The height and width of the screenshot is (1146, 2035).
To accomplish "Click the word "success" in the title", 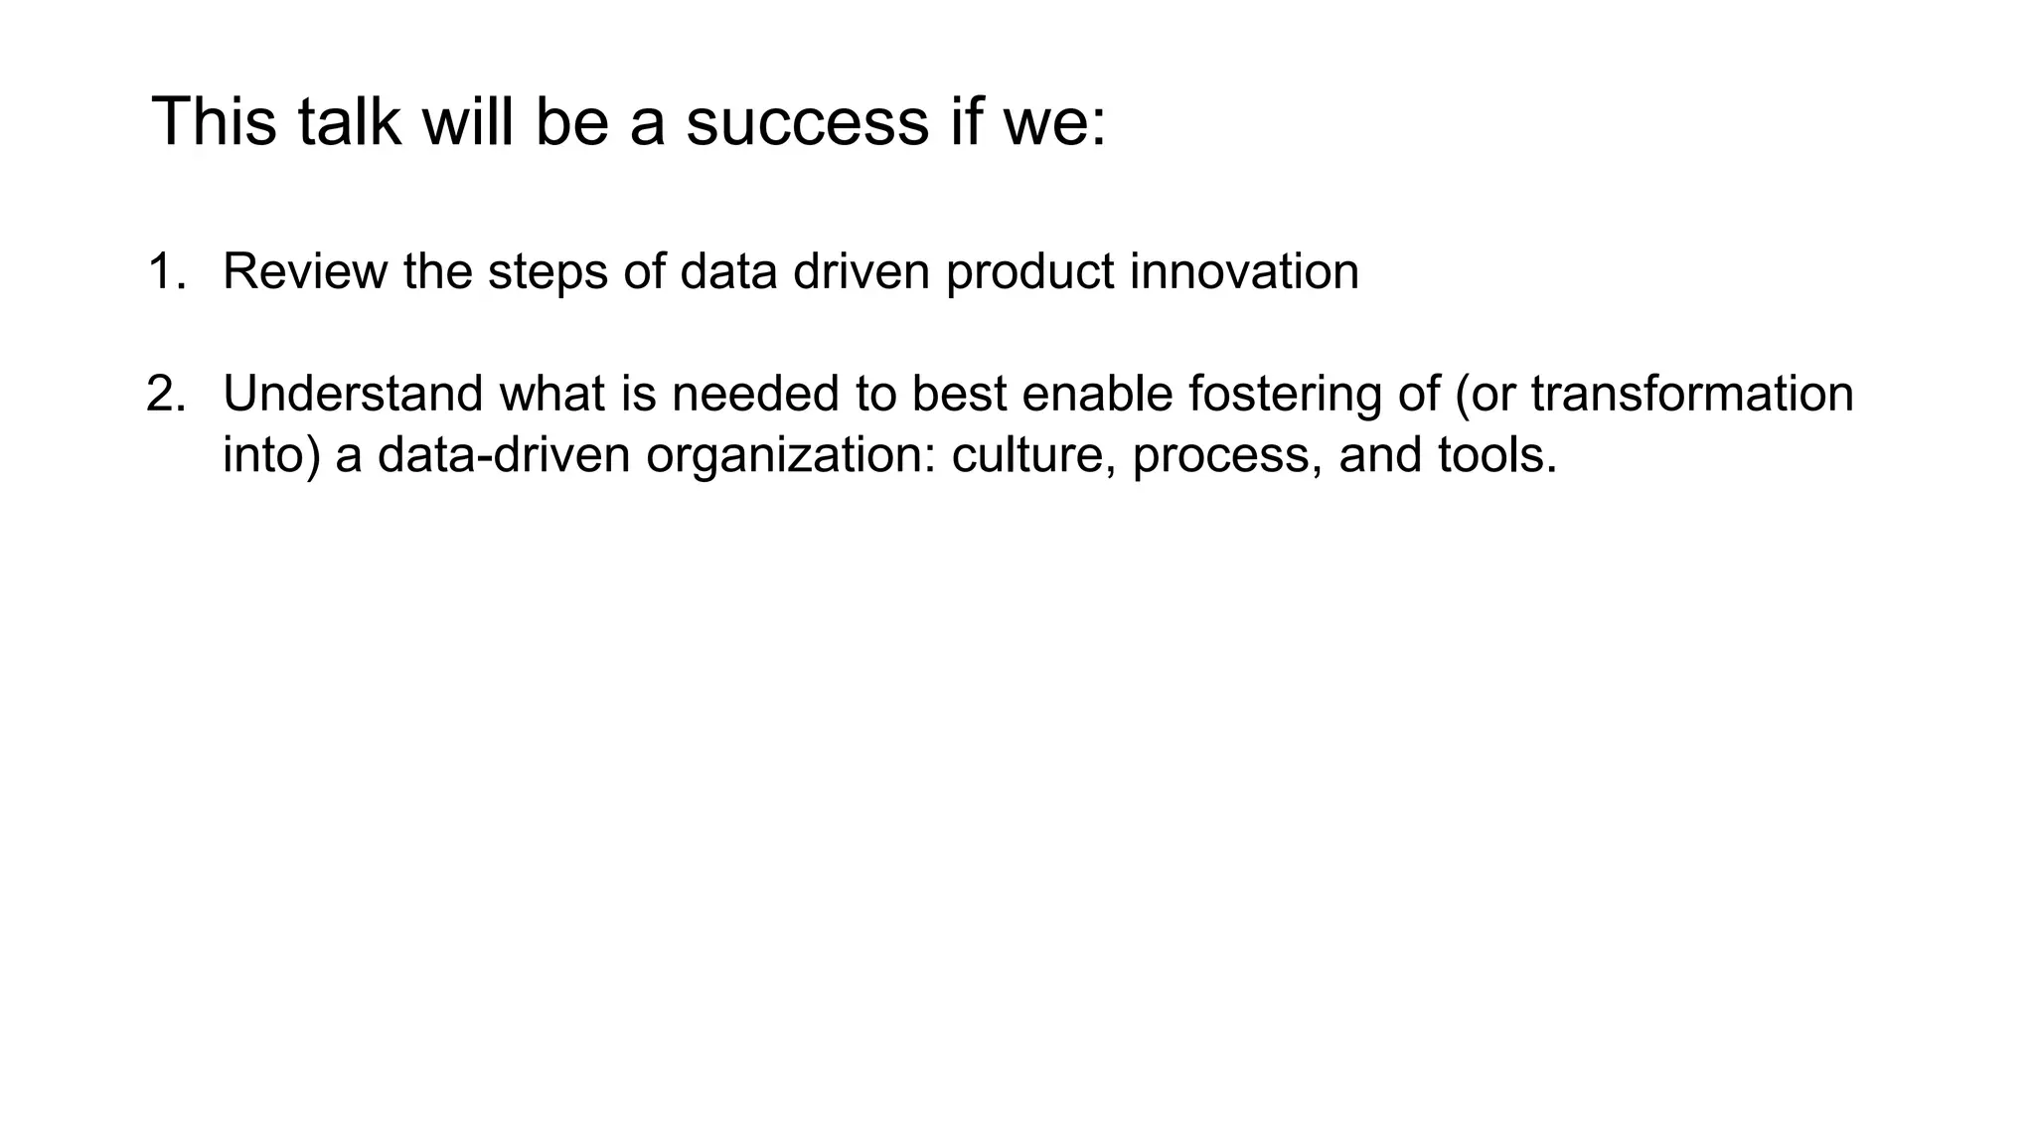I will [x=806, y=122].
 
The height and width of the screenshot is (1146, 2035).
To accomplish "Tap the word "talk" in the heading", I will [x=349, y=122].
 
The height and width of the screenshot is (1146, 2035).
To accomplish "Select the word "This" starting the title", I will [x=214, y=122].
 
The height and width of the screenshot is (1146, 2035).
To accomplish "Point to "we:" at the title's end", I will [x=1055, y=122].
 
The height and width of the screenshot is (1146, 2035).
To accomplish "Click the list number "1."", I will [x=167, y=271].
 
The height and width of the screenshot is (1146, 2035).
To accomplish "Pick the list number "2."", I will [x=167, y=394].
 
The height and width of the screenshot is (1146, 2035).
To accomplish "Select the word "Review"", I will [x=304, y=271].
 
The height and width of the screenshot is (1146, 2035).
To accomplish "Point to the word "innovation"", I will [x=1244, y=271].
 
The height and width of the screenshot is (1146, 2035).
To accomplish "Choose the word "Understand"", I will [x=353, y=394].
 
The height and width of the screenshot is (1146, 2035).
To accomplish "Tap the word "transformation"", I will [x=1691, y=394].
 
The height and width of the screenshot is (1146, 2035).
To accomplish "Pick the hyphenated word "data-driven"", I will [x=504, y=455].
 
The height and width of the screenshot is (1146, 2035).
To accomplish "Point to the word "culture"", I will [x=1033, y=455].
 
